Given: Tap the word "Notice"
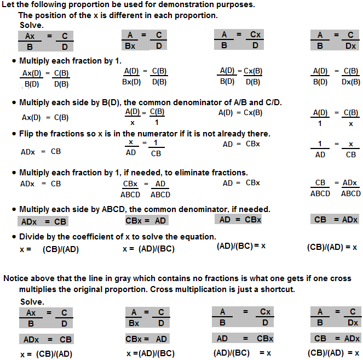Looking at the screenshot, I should pyautogui.click(x=16, y=278).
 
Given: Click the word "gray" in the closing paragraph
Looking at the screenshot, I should pyautogui.click(x=124, y=278).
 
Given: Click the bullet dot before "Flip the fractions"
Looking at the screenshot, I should pyautogui.click(x=14, y=134).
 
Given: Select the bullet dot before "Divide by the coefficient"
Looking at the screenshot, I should pyautogui.click(x=14, y=237).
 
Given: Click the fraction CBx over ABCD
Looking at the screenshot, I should pyautogui.click(x=131, y=189).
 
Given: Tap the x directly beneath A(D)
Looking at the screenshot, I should pyautogui.click(x=132, y=123).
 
